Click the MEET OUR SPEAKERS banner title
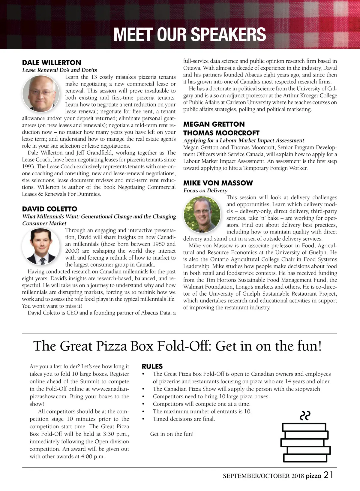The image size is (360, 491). (x=190, y=34)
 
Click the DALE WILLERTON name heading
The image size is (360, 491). (x=52, y=63)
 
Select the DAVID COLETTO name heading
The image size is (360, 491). (x=49, y=209)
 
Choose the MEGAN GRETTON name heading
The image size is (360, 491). (x=214, y=124)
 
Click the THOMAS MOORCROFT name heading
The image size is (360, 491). (x=221, y=133)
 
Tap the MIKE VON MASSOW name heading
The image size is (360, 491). (x=218, y=183)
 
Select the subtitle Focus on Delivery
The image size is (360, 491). (x=205, y=191)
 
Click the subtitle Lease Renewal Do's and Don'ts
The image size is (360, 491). (x=59, y=70)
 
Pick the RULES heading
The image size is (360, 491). (x=152, y=366)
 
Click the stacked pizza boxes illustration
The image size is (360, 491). (x=305, y=442)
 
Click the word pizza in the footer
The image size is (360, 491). (x=313, y=476)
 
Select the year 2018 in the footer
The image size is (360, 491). (x=298, y=476)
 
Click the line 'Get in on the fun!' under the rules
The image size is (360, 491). (x=172, y=434)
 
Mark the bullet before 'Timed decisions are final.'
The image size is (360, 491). (x=144, y=419)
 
